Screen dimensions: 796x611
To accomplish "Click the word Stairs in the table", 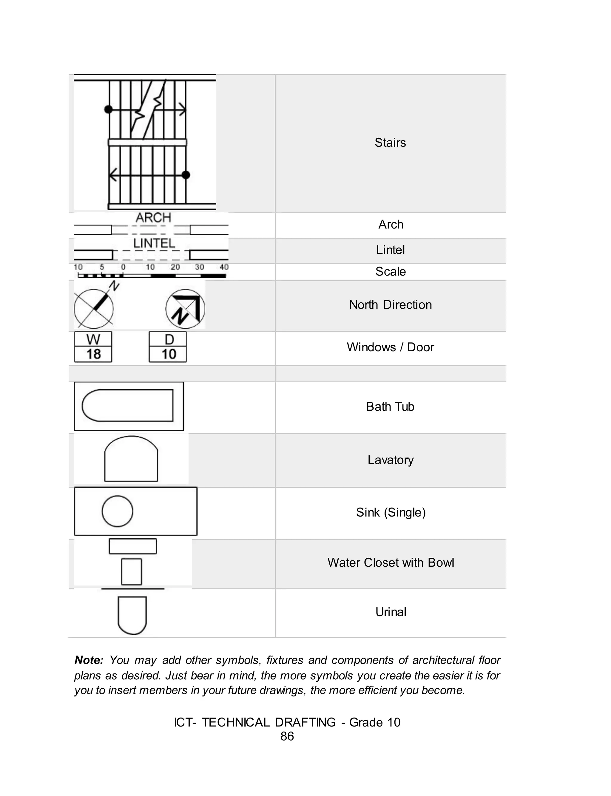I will point(390,143).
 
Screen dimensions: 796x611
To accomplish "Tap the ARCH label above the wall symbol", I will point(153,218).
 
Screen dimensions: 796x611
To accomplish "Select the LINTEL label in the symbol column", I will point(154,243).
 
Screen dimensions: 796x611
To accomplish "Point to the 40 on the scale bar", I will point(224,267).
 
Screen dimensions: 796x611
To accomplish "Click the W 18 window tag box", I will point(93,347).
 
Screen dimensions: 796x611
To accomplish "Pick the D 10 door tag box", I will point(168,347).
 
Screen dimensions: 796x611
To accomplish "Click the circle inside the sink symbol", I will point(117,511).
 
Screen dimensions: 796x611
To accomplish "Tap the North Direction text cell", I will point(390,305).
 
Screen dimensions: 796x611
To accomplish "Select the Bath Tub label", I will point(390,407).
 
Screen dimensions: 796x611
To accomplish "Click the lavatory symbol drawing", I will point(131,460).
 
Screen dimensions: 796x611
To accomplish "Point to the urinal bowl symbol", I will point(132,615).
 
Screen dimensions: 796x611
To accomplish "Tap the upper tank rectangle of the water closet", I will point(133,546).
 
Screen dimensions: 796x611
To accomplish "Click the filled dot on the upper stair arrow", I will point(108,109).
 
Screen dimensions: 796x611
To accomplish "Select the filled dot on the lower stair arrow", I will point(186,175).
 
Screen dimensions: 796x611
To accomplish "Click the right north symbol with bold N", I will point(185,309).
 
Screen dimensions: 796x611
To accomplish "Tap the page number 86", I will point(287,736).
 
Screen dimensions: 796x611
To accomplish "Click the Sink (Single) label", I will point(391,512).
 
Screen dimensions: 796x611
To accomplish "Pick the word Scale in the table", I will point(390,271).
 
